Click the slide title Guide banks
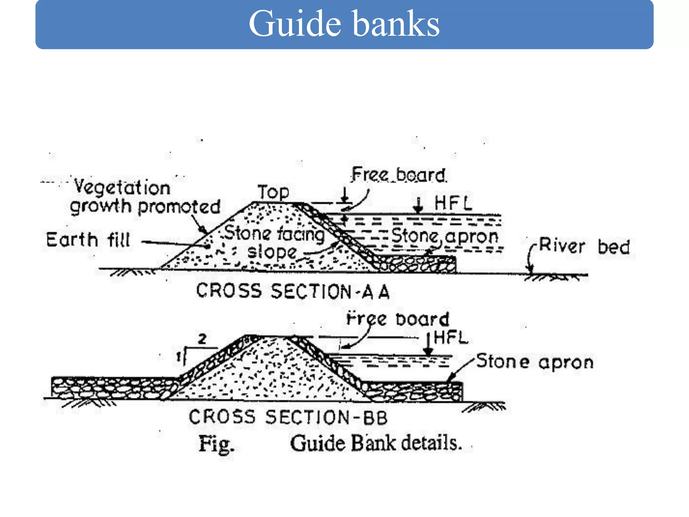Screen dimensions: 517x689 [x=344, y=24]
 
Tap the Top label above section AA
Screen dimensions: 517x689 [x=273, y=193]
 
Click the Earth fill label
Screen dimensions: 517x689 [x=88, y=240]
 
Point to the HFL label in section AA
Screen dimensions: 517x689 [x=453, y=203]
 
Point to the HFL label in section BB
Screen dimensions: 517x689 [x=451, y=337]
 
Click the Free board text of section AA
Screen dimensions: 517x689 [x=399, y=175]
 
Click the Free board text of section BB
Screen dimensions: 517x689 [x=398, y=319]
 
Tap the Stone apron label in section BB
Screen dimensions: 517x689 [x=535, y=362]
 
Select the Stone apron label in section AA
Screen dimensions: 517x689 [x=444, y=236]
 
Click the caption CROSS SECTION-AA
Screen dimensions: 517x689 [x=293, y=291]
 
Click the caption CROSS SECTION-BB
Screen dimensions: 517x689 [x=288, y=417]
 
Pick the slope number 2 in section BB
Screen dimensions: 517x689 [x=202, y=339]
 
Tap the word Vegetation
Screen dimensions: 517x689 [x=122, y=187]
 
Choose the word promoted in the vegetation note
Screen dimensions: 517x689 [x=179, y=207]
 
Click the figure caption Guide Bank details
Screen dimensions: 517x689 [x=375, y=443]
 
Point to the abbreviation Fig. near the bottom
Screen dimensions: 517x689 [x=216, y=444]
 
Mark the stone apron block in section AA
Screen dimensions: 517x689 [x=417, y=264]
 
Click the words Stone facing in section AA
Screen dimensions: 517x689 [x=274, y=234]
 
